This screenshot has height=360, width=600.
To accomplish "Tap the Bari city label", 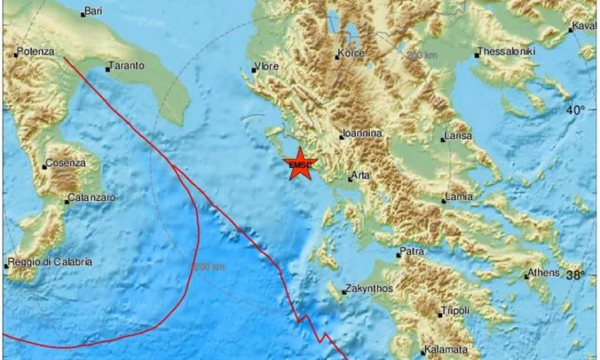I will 94,11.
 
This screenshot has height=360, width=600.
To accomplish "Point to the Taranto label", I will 127,67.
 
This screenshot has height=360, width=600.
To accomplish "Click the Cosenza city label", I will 67,163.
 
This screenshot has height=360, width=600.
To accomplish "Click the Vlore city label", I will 268,67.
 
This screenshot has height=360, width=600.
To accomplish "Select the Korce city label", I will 352,54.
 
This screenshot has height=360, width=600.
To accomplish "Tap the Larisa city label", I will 460,136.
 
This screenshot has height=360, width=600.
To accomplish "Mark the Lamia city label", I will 460,196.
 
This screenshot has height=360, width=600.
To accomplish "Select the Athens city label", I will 544,273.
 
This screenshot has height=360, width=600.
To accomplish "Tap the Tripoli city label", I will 455,310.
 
